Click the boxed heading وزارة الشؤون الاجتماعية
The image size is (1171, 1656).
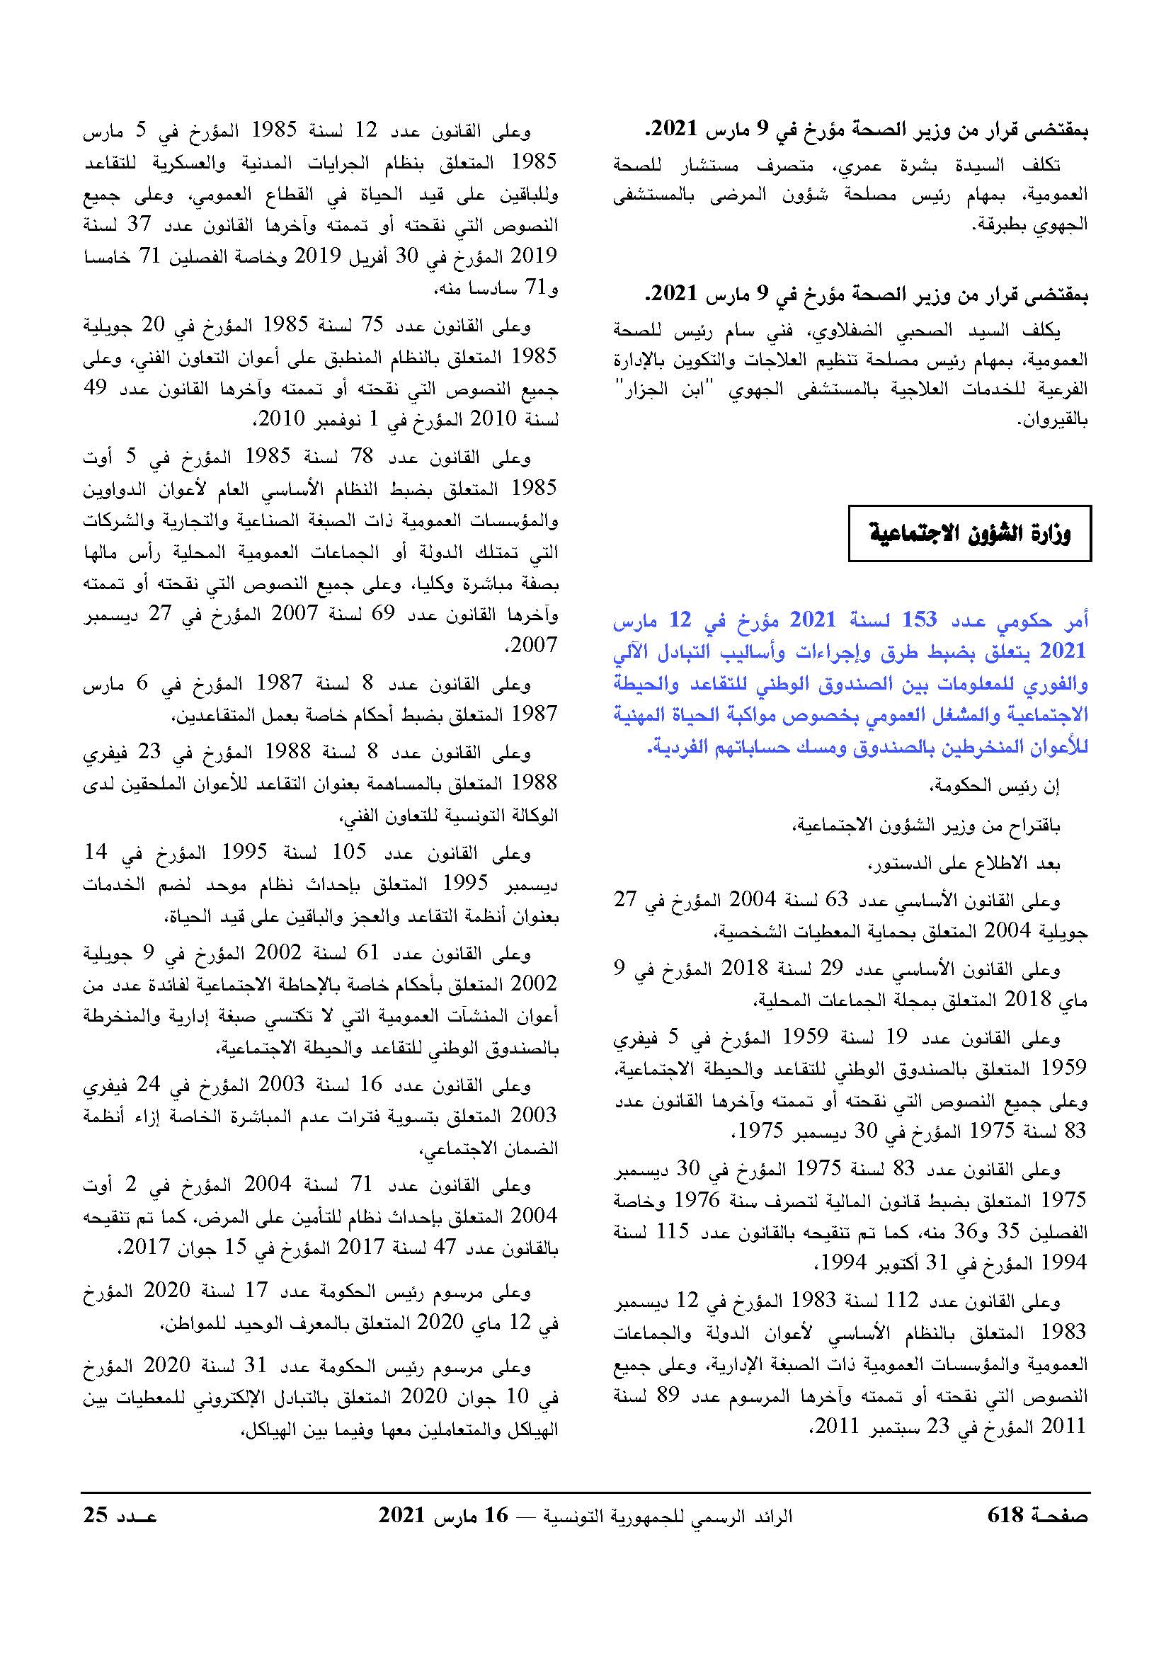[969, 534]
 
